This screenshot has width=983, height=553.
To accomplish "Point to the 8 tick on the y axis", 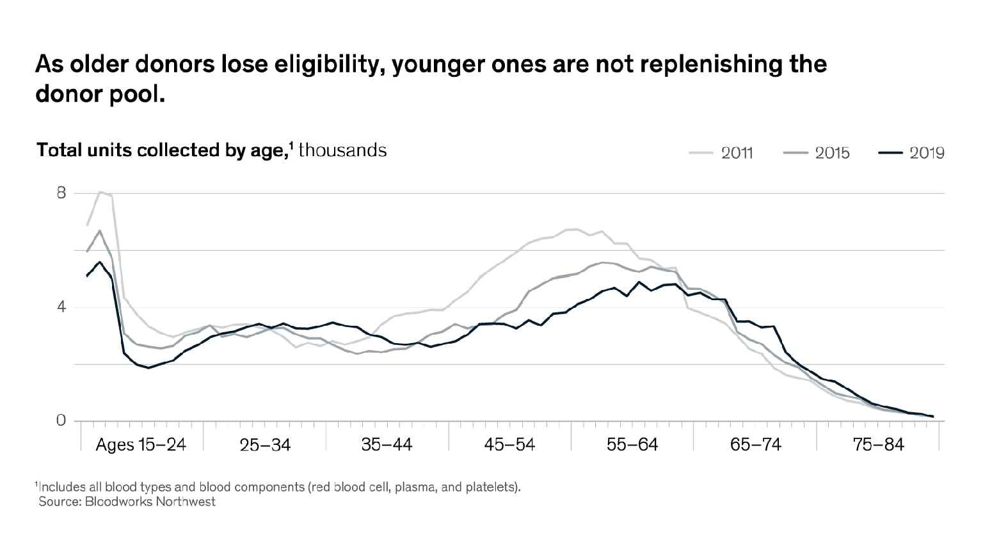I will pyautogui.click(x=61, y=193).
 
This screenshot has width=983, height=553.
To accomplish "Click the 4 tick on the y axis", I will pyautogui.click(x=61, y=307).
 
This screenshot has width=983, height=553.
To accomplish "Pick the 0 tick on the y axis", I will pyautogui.click(x=61, y=421).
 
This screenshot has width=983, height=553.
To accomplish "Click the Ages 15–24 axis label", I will pyautogui.click(x=141, y=444).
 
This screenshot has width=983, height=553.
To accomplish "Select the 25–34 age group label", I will pyautogui.click(x=265, y=444).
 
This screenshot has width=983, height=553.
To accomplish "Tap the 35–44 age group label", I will pyautogui.click(x=387, y=444).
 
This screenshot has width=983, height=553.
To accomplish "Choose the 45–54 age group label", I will pyautogui.click(x=509, y=444).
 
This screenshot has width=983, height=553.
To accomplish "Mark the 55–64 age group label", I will pyautogui.click(x=632, y=444).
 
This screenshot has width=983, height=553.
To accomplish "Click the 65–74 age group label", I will pyautogui.click(x=755, y=444).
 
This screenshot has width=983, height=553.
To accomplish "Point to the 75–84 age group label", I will pyautogui.click(x=878, y=444).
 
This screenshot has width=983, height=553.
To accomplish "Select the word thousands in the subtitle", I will pyautogui.click(x=342, y=150).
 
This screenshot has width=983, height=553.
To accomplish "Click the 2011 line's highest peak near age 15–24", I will pyautogui.click(x=100, y=192).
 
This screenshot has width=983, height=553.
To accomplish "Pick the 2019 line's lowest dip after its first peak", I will pyautogui.click(x=148, y=368).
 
